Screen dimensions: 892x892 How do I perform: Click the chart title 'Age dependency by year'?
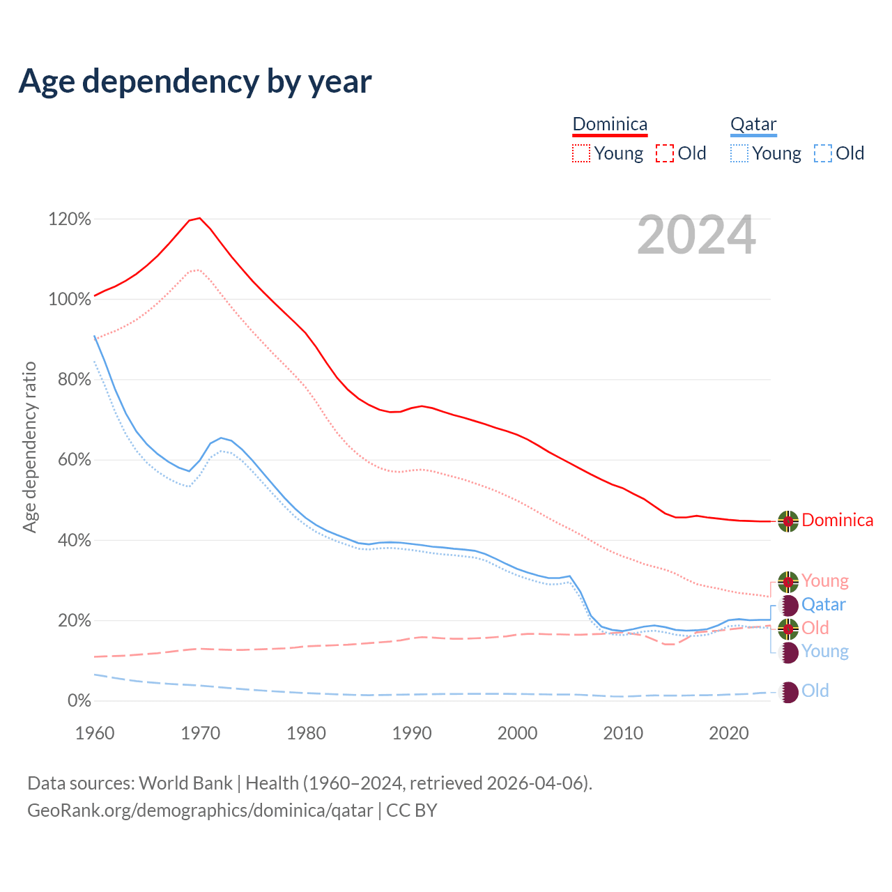point(195,82)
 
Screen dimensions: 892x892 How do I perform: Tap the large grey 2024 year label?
point(696,235)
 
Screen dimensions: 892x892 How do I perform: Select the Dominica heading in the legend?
point(610,124)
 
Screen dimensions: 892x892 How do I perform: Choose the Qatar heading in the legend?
point(753,124)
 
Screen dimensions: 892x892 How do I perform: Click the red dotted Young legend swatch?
point(580,153)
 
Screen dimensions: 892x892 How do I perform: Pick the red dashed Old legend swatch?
point(665,153)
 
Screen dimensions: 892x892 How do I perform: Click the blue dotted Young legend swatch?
point(739,153)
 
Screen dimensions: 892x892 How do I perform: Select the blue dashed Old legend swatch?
point(823,153)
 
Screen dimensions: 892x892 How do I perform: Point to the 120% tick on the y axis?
point(70,220)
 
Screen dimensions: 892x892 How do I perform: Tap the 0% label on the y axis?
point(79,701)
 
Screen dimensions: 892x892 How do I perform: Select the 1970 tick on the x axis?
point(201,733)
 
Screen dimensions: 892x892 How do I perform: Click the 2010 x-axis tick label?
point(623,733)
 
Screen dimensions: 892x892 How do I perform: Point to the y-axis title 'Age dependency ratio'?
point(29,447)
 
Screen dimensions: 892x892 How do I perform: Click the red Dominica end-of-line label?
point(837,521)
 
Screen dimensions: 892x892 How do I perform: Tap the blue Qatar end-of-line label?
point(824,605)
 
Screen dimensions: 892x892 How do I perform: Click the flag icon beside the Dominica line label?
point(788,521)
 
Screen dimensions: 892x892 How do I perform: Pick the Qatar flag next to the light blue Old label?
point(788,691)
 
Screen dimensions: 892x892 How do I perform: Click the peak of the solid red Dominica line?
point(200,218)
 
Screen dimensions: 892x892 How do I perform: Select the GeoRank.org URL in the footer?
point(200,810)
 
